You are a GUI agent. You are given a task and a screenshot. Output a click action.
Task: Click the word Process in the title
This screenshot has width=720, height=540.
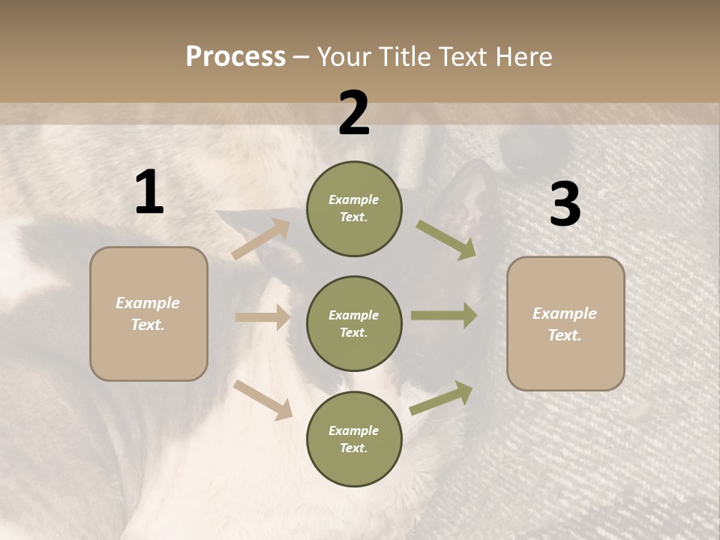(235, 57)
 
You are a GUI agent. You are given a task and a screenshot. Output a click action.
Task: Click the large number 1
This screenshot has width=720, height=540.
(149, 193)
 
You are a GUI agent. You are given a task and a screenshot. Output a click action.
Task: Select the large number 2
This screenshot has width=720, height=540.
(354, 113)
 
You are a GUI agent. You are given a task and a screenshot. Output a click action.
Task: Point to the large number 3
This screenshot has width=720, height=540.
(565, 205)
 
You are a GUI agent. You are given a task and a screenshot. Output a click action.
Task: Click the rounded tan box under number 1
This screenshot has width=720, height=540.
(148, 313)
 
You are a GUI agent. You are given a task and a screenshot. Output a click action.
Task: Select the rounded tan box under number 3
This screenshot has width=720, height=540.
(565, 324)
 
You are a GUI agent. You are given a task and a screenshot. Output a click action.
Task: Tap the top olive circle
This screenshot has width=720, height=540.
(354, 208)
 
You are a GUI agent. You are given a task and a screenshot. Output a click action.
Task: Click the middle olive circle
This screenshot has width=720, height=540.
(354, 323)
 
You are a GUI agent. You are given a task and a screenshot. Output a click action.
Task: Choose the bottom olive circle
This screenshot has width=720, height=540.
(354, 439)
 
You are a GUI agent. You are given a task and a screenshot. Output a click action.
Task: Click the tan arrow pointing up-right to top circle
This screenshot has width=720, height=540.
(261, 238)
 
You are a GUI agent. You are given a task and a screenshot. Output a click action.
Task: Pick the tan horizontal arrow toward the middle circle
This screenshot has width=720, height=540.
(262, 317)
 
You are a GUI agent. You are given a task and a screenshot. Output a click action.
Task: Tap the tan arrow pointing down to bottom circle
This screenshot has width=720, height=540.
(263, 400)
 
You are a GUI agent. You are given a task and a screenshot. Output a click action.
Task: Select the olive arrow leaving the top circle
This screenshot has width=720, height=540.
(446, 240)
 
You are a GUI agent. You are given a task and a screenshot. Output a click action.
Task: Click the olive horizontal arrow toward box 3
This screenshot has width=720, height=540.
(444, 315)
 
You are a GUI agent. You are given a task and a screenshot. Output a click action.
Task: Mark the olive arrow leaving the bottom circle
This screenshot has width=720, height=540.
(442, 398)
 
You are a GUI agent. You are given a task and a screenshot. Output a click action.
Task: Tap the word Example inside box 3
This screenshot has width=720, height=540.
(565, 313)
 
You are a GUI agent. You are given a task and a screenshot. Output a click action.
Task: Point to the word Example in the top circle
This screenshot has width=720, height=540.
(354, 199)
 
